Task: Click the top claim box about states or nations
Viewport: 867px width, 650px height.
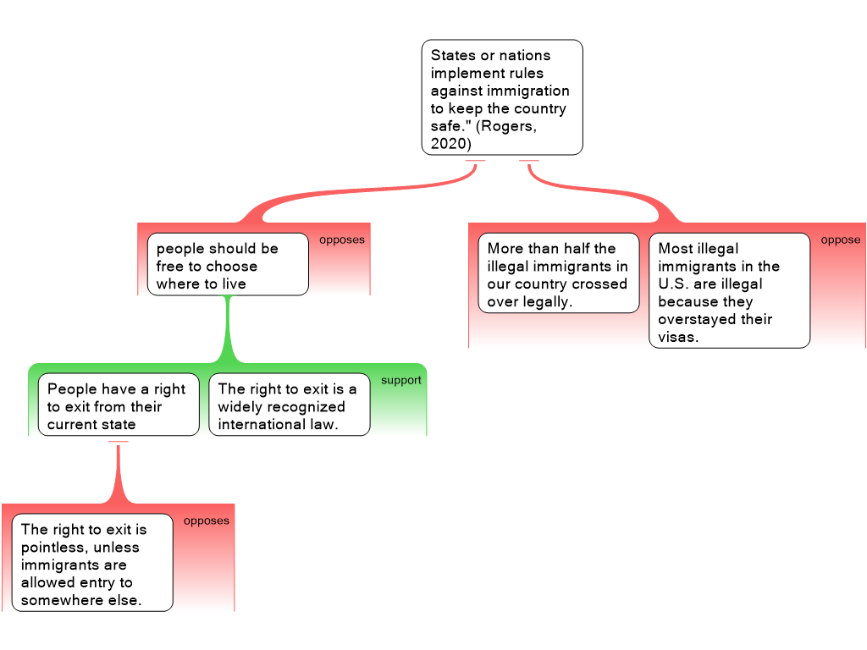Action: pos(501,97)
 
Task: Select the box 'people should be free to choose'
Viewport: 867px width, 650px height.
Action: pos(227,264)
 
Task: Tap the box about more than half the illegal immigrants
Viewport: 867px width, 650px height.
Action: pos(558,273)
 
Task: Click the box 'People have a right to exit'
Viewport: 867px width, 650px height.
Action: pos(118,405)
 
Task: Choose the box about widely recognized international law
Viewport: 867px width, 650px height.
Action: pos(289,405)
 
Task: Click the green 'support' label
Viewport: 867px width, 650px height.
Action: pos(400,381)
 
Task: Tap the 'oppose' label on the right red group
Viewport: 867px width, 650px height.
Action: pos(840,240)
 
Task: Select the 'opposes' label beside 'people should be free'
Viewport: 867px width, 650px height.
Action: pos(341,240)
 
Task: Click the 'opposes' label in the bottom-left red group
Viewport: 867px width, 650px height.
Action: pos(206,521)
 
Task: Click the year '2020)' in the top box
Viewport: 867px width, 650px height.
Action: pos(450,144)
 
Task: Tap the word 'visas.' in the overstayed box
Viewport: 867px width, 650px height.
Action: pos(679,337)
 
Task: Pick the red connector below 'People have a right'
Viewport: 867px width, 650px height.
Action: pos(118,474)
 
